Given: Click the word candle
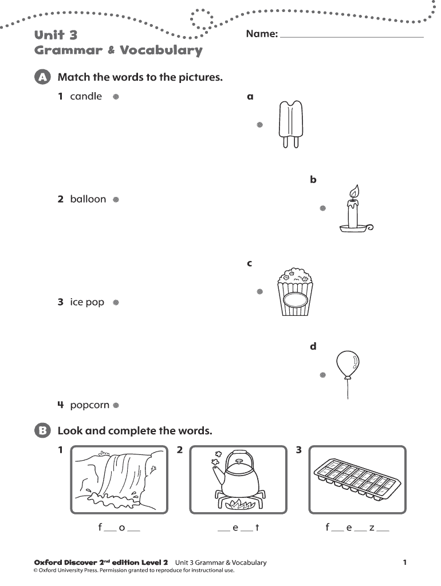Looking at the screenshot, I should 86,96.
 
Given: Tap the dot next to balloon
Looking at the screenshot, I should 115,200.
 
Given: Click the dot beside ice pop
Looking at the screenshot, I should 115,302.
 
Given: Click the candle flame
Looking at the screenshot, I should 355,191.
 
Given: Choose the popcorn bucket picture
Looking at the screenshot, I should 295,292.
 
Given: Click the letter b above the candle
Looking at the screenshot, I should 313,180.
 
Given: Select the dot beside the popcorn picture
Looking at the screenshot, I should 259,291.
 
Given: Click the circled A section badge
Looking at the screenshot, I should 42,77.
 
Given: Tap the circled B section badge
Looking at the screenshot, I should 42,431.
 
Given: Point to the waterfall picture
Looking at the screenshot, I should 120,480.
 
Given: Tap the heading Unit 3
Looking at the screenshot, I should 56,35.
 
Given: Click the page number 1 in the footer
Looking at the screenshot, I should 404,563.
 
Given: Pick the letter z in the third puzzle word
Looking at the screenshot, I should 372,528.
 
